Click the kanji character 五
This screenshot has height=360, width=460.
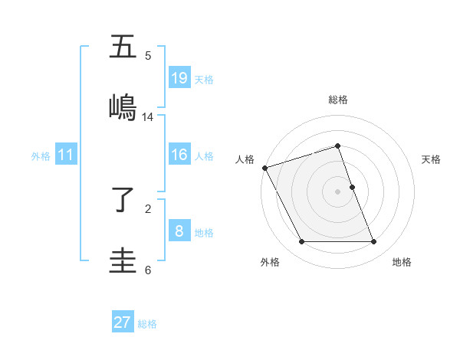coord(123,47)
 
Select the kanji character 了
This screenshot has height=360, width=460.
coord(123,201)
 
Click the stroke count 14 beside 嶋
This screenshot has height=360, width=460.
coord(148,117)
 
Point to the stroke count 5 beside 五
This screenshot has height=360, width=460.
coord(148,56)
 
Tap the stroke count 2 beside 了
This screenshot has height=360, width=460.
coord(148,208)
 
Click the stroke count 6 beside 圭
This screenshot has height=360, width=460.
coord(148,270)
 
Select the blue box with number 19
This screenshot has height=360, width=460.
coord(179,78)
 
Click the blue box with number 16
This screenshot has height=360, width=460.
coord(179,155)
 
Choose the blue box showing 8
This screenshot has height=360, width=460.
coord(179,231)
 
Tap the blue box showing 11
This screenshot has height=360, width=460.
coord(66,155)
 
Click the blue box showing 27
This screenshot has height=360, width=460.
coord(123,322)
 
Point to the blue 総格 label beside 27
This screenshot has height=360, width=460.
coord(147,324)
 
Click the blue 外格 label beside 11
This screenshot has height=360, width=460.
coord(41,156)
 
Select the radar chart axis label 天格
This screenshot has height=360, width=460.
coord(432,159)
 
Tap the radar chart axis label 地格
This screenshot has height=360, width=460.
coord(402,262)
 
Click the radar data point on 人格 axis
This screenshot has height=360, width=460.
coord(265,168)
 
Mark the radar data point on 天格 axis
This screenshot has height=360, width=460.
coord(352,186)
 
